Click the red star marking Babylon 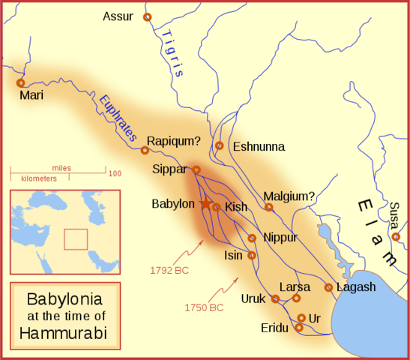pyautogui.click(x=205, y=203)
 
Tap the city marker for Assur pyautogui.click(x=147, y=16)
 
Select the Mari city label pyautogui.click(x=31, y=96)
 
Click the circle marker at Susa pyautogui.click(x=396, y=237)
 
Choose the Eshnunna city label pyautogui.click(x=259, y=146)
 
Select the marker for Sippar pyautogui.click(x=196, y=169)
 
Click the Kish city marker pyautogui.click(x=216, y=207)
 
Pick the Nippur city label pyautogui.click(x=280, y=237)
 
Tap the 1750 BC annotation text pyautogui.click(x=203, y=307)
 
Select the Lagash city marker pyautogui.click(x=328, y=287)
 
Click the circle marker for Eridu pyautogui.click(x=299, y=327)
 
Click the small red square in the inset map pyautogui.click(x=76, y=238)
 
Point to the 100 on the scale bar pyautogui.click(x=115, y=173)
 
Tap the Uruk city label pyautogui.click(x=253, y=298)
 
